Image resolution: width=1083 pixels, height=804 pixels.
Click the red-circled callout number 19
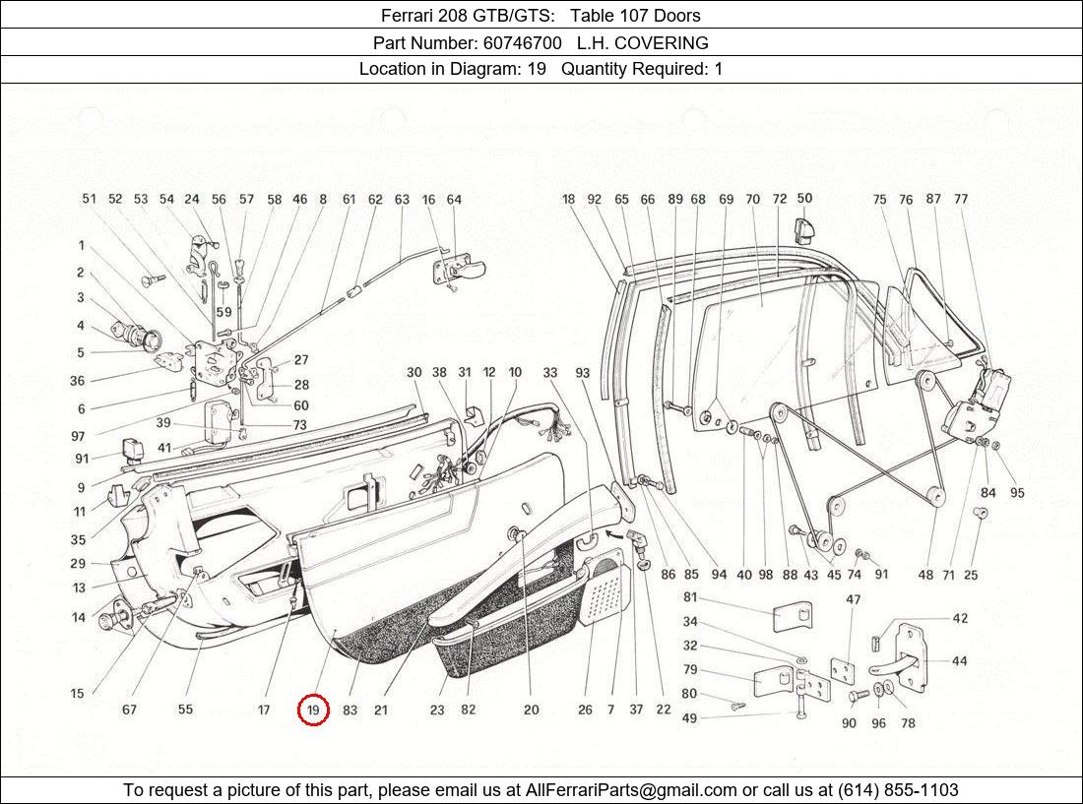[313, 710]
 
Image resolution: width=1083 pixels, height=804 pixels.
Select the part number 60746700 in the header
[522, 42]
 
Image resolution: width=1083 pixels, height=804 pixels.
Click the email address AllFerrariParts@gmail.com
[631, 789]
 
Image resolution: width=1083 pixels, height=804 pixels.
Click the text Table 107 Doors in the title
[638, 15]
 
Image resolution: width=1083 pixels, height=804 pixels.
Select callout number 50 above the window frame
[804, 199]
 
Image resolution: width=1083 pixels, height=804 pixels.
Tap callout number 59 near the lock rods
[223, 313]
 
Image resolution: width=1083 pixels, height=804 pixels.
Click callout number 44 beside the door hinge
[958, 661]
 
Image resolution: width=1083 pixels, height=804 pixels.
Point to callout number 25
[971, 575]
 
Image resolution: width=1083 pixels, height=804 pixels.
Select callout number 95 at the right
[1017, 493]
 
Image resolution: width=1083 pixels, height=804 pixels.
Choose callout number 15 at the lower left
[78, 694]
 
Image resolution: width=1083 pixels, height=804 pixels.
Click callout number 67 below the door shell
[129, 710]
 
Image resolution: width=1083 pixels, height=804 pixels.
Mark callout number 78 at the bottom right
[907, 723]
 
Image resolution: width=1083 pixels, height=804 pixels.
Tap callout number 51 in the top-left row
[90, 199]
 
